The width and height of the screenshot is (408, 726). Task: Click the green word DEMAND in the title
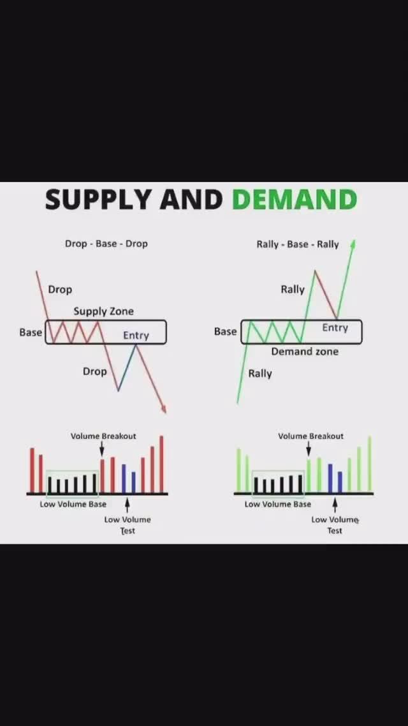(294, 200)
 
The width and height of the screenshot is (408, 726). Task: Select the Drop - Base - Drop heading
(106, 244)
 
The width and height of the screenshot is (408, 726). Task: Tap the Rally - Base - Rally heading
(298, 244)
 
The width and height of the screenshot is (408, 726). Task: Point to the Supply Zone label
(103, 311)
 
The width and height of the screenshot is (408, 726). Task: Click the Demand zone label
(305, 352)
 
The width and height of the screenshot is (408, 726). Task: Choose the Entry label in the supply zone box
(136, 336)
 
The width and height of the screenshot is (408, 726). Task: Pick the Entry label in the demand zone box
(335, 328)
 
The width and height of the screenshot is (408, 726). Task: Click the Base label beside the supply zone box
(31, 332)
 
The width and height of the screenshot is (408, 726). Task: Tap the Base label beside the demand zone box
(225, 332)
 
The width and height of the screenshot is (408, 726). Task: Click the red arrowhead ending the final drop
(164, 409)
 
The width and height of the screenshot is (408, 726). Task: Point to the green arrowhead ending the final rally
(353, 244)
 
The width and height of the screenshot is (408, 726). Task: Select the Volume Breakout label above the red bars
(103, 436)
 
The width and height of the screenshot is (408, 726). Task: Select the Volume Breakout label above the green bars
(310, 436)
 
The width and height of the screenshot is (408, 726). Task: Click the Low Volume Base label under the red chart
(73, 505)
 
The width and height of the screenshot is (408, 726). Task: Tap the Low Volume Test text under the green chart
(335, 525)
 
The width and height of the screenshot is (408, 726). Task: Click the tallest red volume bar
(161, 464)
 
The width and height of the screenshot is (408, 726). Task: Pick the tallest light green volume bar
(369, 464)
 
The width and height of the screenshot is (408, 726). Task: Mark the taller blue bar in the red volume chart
(124, 478)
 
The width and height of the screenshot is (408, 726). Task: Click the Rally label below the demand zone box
(260, 374)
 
